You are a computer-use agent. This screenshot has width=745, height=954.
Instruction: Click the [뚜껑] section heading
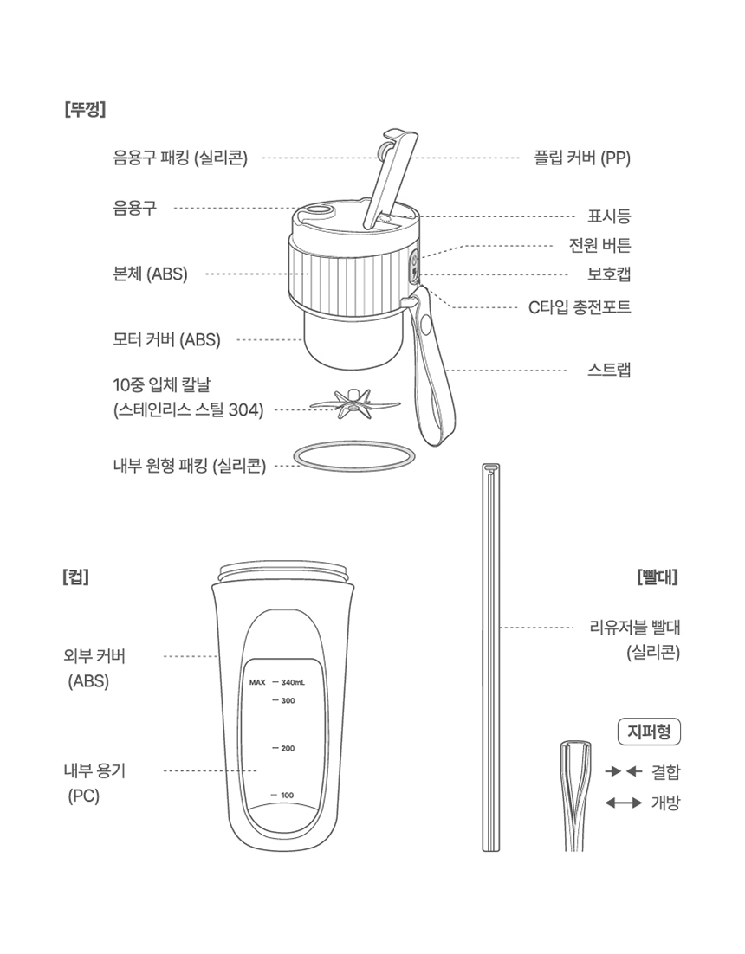[85, 110]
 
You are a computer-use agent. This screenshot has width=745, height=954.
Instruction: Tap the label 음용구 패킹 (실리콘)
[180, 158]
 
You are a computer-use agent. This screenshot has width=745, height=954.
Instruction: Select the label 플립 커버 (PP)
[581, 158]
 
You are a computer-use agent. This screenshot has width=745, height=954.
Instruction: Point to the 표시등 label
[609, 216]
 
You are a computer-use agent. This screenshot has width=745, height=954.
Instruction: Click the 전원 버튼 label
[599, 245]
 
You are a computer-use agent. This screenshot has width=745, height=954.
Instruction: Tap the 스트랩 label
[609, 371]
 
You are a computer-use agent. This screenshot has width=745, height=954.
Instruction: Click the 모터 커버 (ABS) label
[166, 340]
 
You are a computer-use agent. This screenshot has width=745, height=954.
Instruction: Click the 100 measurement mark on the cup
[283, 795]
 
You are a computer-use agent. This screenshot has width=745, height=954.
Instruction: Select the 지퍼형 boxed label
[650, 732]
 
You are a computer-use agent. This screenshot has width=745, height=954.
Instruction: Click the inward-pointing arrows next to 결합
[622, 770]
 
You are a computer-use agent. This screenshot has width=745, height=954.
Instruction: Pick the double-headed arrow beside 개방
[622, 803]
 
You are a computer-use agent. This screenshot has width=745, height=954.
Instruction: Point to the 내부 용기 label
[94, 770]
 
